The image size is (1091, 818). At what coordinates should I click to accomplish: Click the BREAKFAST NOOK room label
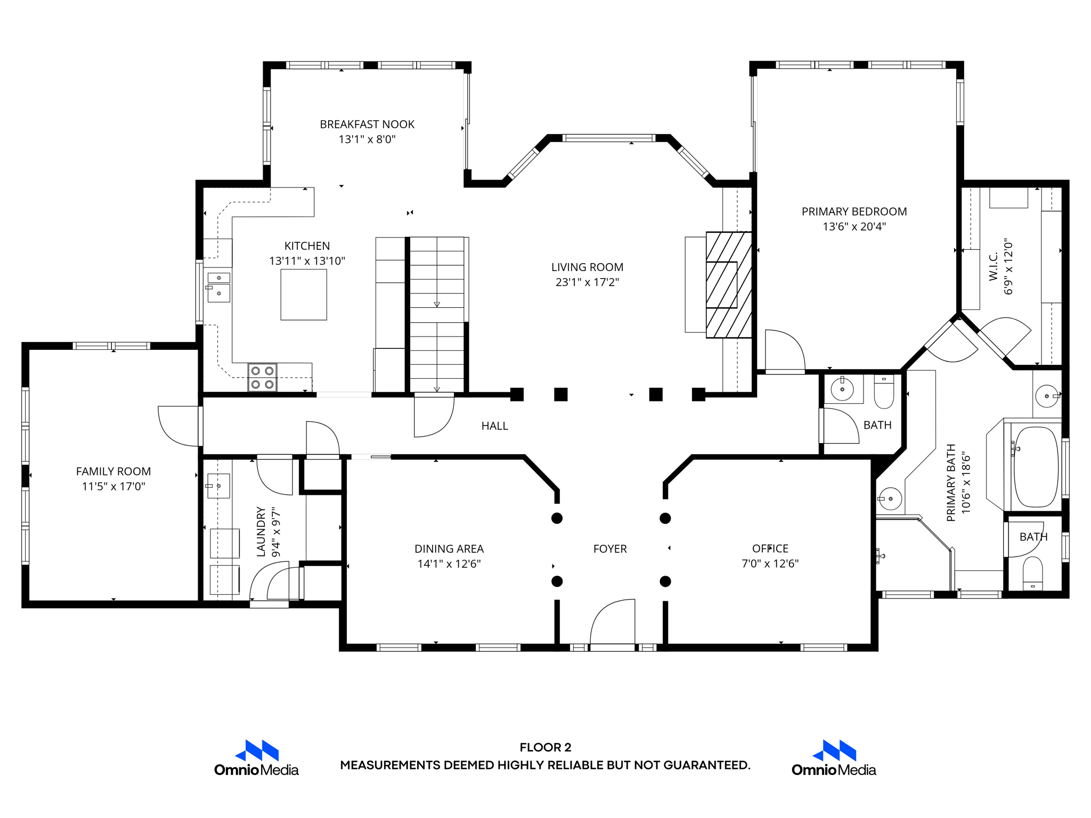(367, 124)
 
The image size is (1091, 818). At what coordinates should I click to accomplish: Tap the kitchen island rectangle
(304, 295)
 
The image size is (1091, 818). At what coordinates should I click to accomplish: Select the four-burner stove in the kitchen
(263, 377)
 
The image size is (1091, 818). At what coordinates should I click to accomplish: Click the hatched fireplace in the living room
(729, 285)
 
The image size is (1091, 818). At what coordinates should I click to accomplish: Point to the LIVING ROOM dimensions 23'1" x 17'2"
(587, 282)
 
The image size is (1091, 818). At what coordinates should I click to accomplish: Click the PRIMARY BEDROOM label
(854, 211)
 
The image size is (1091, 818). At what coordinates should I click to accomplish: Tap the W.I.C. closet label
(994, 266)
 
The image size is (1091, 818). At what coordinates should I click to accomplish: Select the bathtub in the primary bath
(1036, 467)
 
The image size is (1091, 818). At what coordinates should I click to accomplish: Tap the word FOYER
(610, 549)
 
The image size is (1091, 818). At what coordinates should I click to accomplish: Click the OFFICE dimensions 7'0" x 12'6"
(770, 563)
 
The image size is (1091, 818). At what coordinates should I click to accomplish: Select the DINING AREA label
(449, 549)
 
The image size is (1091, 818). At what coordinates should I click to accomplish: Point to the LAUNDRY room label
(261, 531)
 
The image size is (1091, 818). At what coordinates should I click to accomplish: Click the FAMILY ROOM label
(113, 471)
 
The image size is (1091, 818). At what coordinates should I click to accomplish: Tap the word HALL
(495, 426)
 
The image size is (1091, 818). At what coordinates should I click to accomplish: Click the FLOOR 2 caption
(545, 747)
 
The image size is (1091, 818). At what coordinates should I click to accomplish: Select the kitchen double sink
(218, 287)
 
